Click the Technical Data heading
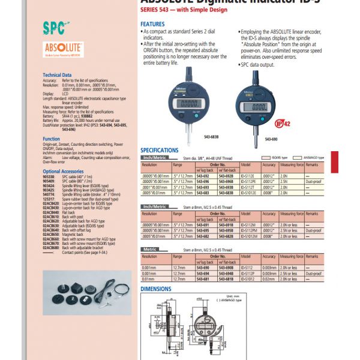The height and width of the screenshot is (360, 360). (x=57, y=74)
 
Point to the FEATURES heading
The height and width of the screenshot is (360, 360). (x=152, y=25)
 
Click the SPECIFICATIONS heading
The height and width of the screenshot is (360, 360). (x=160, y=150)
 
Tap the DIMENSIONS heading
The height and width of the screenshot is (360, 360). (x=155, y=289)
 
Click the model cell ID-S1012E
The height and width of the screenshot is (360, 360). (x=249, y=193)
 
